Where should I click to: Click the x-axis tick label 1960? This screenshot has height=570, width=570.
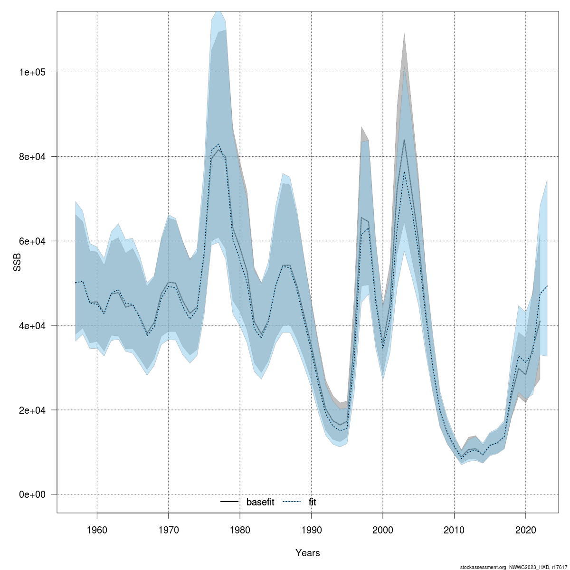point(97,530)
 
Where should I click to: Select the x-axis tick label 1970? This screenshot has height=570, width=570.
point(168,530)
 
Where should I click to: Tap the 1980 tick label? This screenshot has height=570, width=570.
point(240,530)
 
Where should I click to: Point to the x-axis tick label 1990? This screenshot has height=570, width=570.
point(311,530)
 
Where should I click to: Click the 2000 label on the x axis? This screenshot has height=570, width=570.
point(383,530)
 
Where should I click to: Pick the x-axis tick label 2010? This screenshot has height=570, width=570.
point(454,530)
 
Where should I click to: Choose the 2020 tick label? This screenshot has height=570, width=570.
point(526,530)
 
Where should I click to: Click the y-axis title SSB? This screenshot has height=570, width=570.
point(17,262)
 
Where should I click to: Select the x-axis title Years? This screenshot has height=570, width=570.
point(307,553)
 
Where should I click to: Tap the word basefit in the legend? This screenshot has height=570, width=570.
point(260,502)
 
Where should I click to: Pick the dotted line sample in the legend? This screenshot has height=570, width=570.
point(292,502)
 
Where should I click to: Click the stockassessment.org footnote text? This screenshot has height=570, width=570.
point(513,567)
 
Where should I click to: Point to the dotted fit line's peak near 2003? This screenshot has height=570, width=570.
point(404,172)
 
